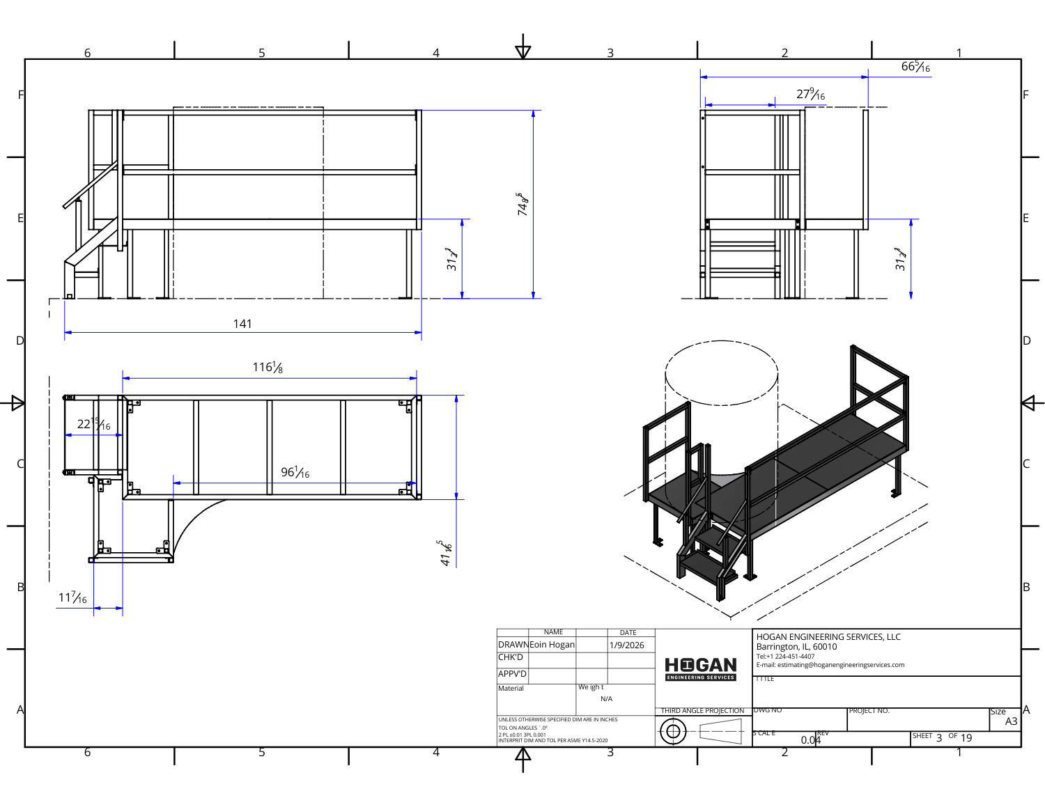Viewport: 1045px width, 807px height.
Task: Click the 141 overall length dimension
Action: click(x=242, y=324)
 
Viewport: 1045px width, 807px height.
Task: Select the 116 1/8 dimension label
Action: click(x=268, y=367)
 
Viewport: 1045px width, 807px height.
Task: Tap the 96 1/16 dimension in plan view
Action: click(x=295, y=472)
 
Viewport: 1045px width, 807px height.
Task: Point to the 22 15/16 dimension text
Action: click(x=93, y=423)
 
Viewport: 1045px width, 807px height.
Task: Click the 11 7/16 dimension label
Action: click(x=72, y=597)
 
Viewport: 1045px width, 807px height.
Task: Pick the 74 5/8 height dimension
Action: click(x=522, y=204)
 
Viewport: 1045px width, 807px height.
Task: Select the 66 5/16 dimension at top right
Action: click(x=915, y=67)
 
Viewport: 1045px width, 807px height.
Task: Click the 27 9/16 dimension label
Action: click(x=810, y=94)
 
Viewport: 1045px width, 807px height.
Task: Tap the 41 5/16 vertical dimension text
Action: click(x=445, y=553)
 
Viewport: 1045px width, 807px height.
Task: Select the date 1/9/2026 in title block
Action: click(x=627, y=645)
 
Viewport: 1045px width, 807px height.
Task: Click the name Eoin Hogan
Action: click(x=552, y=645)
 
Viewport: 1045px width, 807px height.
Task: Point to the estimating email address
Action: click(x=830, y=665)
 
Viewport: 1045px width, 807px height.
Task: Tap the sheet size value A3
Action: click(x=1011, y=721)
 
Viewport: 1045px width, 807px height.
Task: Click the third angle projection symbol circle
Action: click(x=673, y=731)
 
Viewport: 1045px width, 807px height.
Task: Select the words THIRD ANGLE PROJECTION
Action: click(x=702, y=711)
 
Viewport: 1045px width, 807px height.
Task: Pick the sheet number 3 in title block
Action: click(x=939, y=738)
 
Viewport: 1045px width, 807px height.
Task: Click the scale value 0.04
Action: click(x=810, y=740)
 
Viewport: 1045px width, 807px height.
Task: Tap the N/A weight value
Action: click(x=606, y=699)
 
